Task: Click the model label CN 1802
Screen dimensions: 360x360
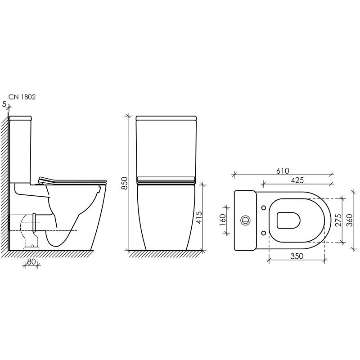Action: click(22, 97)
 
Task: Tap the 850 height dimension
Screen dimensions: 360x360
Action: click(124, 183)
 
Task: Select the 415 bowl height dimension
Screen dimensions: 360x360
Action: click(198, 217)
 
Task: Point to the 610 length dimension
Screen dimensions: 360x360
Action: click(283, 171)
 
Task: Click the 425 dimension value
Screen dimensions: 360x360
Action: click(297, 180)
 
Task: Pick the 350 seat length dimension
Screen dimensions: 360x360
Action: click(297, 256)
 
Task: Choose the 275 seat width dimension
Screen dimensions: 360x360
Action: click(338, 220)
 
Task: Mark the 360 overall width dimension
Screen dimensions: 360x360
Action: click(349, 220)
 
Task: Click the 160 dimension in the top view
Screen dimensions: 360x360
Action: click(223, 220)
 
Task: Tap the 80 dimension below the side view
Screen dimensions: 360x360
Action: click(31, 261)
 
